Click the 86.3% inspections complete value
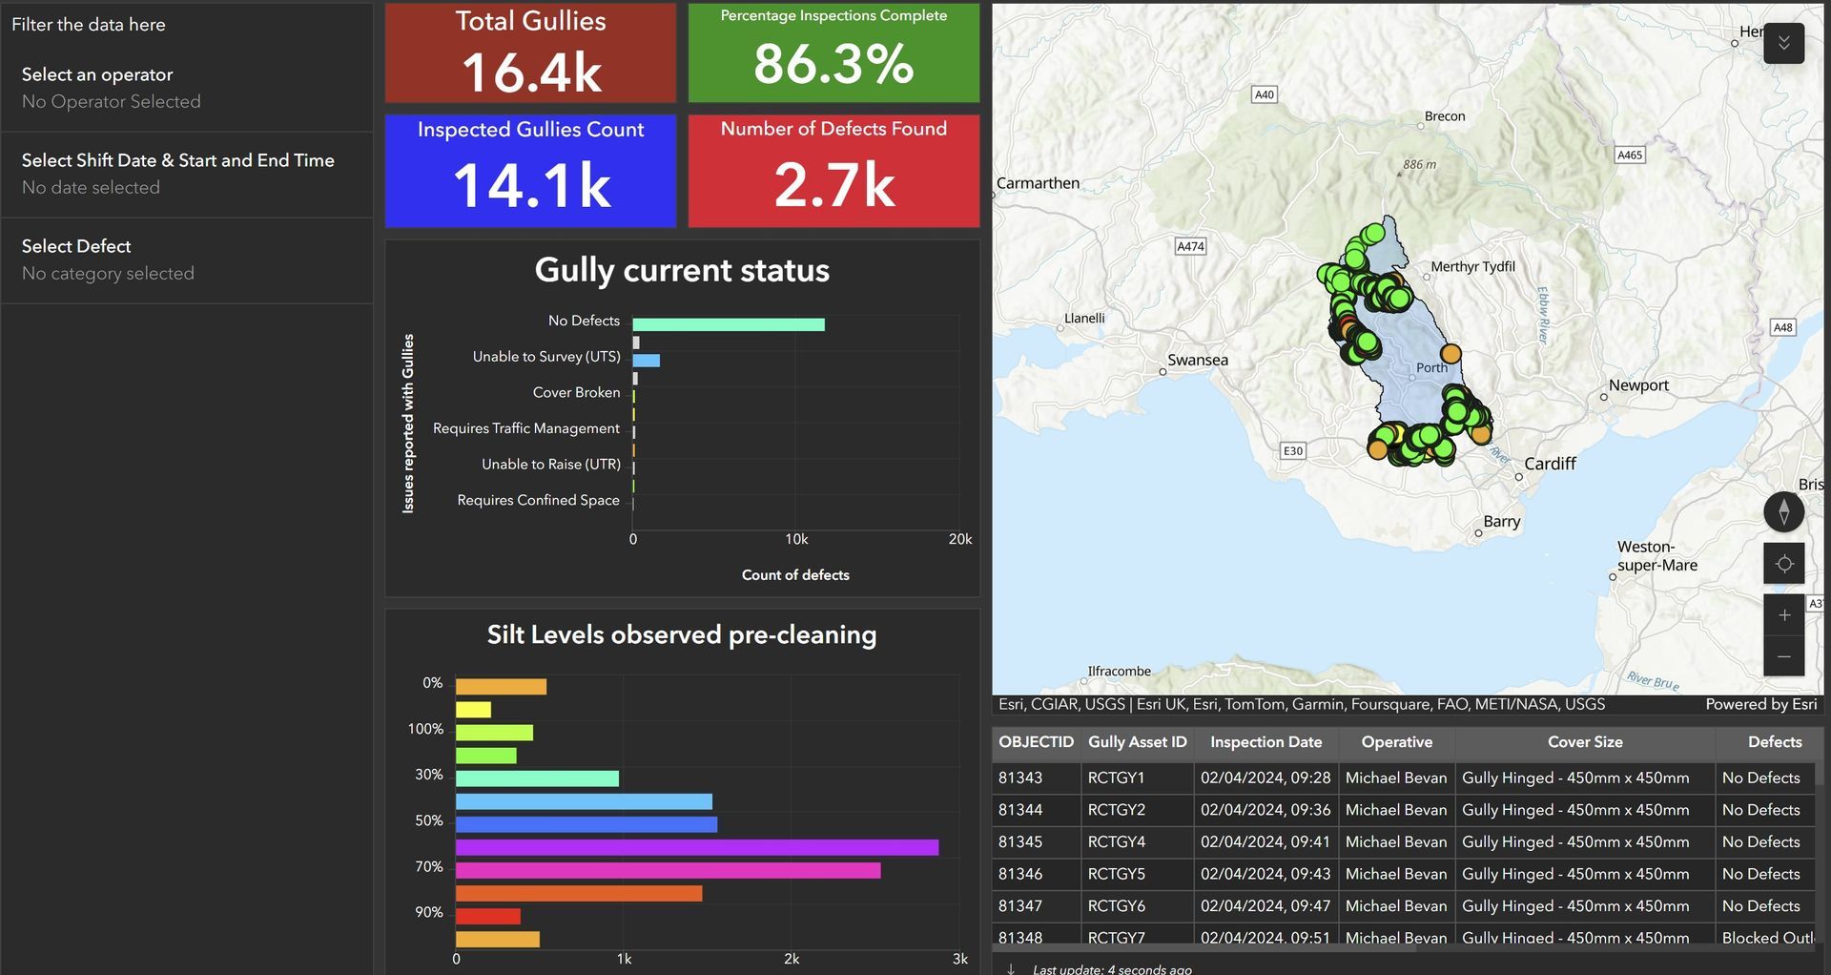tap(833, 65)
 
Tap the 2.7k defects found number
tap(834, 184)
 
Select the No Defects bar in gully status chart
tap(729, 324)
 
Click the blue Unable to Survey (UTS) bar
tap(647, 361)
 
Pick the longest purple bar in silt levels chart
tap(697, 847)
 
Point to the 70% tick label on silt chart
tap(429, 866)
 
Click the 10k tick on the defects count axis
tap(796, 539)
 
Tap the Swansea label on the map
tap(1198, 360)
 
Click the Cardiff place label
tap(1550, 464)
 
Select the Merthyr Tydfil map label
tap(1472, 266)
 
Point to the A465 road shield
tap(1630, 155)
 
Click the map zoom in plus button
tap(1784, 615)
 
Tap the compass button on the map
tap(1784, 511)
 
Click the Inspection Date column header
tap(1265, 742)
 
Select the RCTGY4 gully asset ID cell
tap(1117, 841)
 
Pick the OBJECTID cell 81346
tap(1020, 874)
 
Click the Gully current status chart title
tap(682, 270)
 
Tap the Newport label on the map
tap(1638, 385)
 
